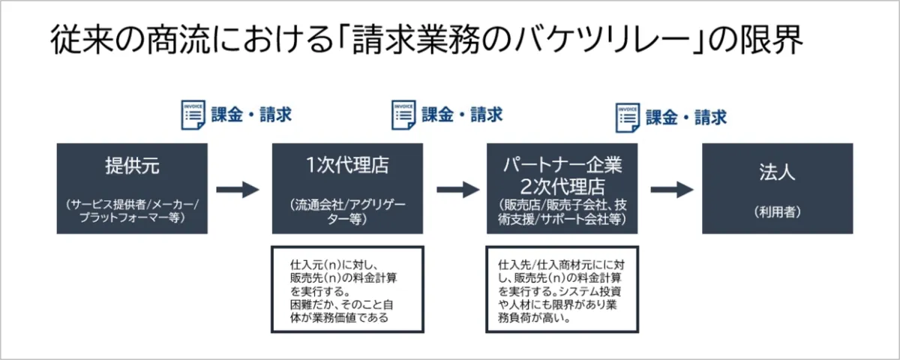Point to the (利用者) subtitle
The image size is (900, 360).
[x=777, y=212]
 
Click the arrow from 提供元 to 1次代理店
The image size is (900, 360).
[x=237, y=189]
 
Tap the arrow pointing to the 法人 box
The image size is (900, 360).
[x=671, y=189]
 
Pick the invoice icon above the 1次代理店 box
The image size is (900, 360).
[x=403, y=115]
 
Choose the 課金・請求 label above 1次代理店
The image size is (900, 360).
[x=462, y=115]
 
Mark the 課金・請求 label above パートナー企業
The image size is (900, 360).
[x=686, y=118]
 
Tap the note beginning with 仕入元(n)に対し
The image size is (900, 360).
[x=347, y=289]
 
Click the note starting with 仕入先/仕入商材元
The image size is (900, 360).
[x=562, y=289]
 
